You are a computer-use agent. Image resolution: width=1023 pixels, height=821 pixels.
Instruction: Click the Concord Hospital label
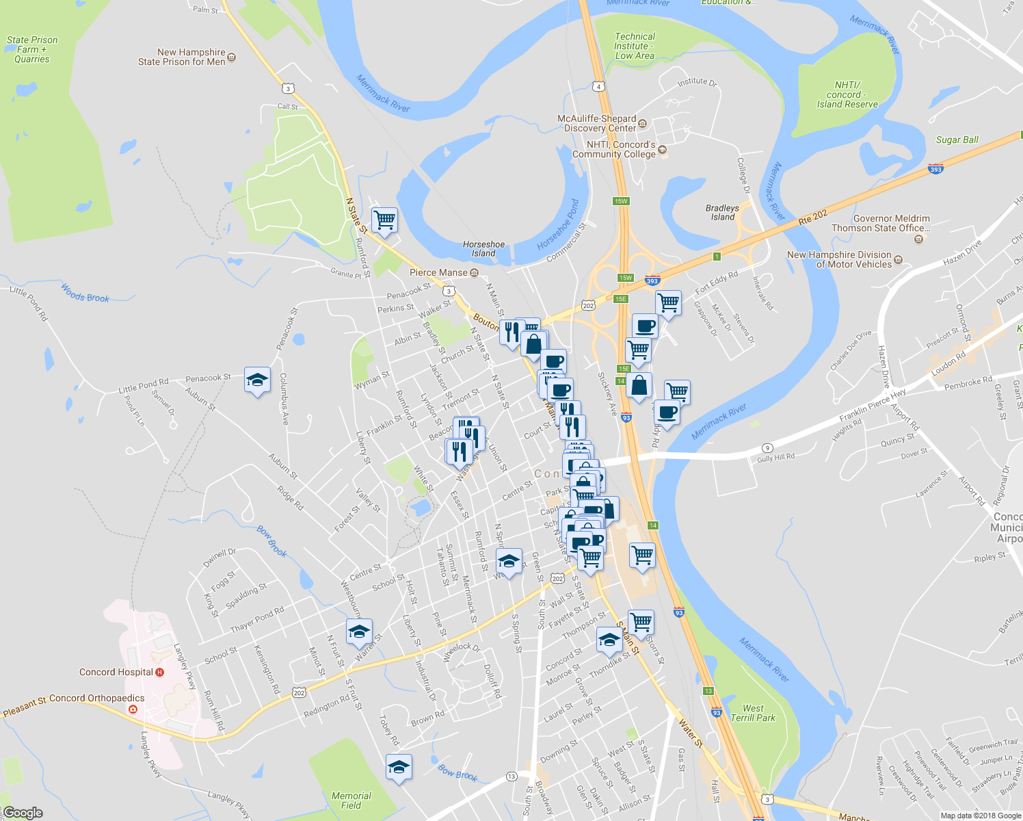tap(116, 672)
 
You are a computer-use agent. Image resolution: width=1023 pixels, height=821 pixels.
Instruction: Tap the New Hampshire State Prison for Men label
tap(182, 57)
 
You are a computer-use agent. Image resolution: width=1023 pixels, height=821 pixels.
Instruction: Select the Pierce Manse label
tap(438, 272)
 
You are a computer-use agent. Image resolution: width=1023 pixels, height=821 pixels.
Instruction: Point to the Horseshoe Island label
tap(483, 248)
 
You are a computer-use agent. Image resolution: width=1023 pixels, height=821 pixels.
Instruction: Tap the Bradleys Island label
tap(722, 212)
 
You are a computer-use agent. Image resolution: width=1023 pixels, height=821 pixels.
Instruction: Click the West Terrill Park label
tap(753, 713)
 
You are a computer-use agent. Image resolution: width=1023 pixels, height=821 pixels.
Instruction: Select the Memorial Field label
tap(351, 800)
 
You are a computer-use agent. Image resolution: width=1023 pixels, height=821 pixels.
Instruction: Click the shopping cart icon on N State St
tap(384, 220)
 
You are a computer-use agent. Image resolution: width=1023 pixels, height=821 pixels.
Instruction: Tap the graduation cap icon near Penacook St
tap(257, 380)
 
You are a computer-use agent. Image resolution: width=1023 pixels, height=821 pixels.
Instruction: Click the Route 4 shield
tap(599, 86)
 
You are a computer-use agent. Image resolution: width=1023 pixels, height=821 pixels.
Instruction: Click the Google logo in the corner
tap(23, 813)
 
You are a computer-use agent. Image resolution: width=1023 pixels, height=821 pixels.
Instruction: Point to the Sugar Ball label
tap(957, 140)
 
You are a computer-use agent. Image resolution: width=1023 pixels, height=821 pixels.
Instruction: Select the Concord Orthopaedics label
tap(97, 698)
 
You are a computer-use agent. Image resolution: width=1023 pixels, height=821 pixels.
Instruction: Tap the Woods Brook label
tap(85, 293)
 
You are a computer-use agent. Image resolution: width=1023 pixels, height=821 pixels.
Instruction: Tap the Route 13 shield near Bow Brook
tap(511, 776)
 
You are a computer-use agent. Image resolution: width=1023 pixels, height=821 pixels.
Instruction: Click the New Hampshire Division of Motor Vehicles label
tap(840, 259)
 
